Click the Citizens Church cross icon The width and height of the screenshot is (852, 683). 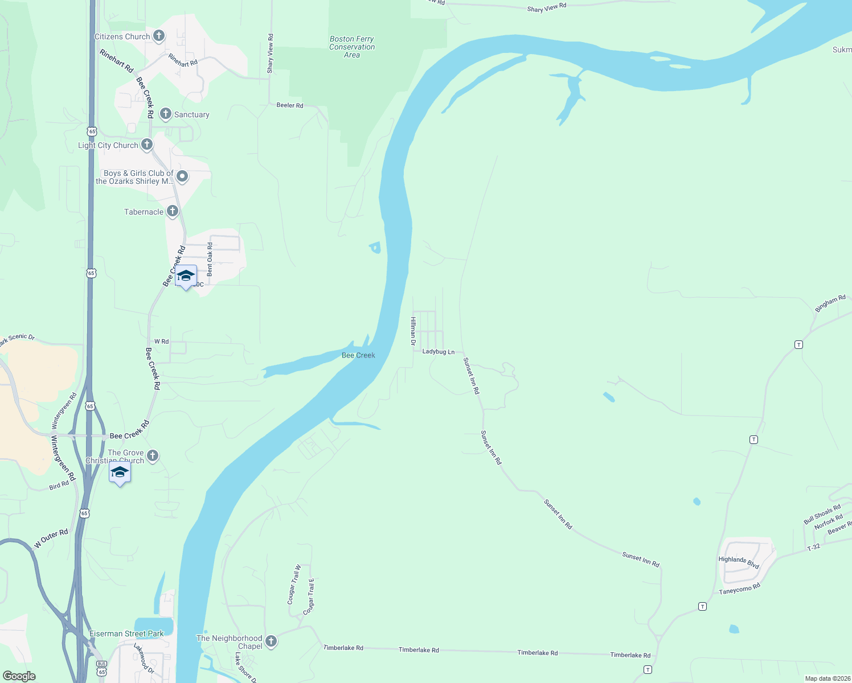[x=159, y=36]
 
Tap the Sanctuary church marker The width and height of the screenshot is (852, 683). [x=166, y=114]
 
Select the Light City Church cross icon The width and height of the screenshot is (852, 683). [x=147, y=145]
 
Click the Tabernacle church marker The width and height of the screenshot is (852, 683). [x=172, y=211]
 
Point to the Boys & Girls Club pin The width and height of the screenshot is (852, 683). [x=182, y=176]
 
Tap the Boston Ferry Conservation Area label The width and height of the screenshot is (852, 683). [x=352, y=47]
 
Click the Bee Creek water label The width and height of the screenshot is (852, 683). [x=358, y=355]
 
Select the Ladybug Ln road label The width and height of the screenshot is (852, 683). [x=438, y=352]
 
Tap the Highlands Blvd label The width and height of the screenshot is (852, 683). [x=739, y=562]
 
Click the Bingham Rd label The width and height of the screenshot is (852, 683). [x=830, y=303]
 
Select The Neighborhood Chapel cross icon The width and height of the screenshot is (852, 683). [x=271, y=641]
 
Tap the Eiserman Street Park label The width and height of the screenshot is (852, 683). [x=126, y=633]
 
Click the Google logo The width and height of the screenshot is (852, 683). [x=19, y=676]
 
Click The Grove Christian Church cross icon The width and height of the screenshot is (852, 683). [x=152, y=455]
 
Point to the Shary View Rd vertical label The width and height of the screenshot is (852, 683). [x=271, y=53]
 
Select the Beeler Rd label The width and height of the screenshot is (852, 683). [x=290, y=105]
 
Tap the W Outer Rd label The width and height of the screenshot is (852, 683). [x=51, y=538]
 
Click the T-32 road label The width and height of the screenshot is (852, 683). [x=814, y=548]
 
